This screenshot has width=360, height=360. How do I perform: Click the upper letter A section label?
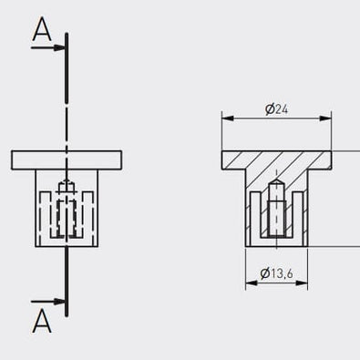(x=42, y=29)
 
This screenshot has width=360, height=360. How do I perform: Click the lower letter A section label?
(x=42, y=321)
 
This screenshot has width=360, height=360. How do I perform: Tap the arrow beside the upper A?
(x=47, y=47)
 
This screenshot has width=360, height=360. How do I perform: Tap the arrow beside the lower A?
(x=47, y=302)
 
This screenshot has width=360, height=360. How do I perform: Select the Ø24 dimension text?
(x=276, y=109)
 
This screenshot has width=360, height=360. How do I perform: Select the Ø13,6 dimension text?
(x=276, y=273)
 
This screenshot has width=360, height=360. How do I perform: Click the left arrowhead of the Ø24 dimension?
(x=228, y=118)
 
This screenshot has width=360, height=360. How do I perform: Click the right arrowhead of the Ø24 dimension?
(x=325, y=118)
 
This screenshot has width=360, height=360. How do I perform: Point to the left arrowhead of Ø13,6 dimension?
(x=252, y=283)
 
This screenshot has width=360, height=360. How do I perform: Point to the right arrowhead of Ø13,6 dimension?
(x=302, y=283)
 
